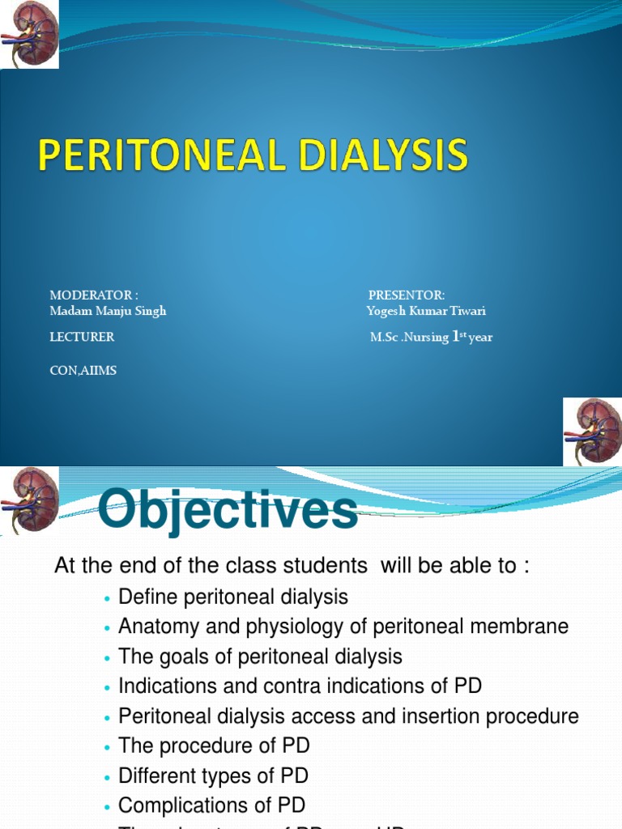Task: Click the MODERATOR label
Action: click(x=93, y=295)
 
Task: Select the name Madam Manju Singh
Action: click(x=108, y=311)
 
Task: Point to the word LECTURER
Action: click(x=82, y=337)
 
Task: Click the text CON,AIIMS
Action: click(x=83, y=371)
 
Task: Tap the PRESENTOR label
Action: click(x=407, y=295)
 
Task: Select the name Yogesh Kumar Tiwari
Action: click(x=426, y=311)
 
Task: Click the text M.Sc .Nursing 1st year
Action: click(x=431, y=337)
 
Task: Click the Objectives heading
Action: click(x=228, y=512)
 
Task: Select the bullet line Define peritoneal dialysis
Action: click(x=233, y=597)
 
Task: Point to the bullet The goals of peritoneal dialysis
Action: click(x=260, y=656)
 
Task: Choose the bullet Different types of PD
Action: click(x=213, y=776)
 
